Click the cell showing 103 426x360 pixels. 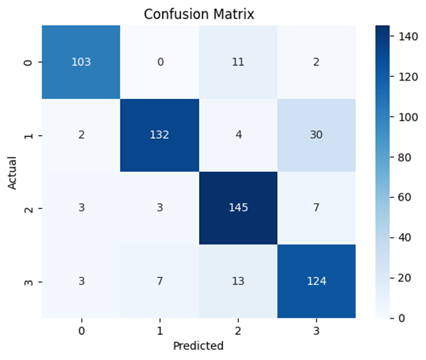pos(81,62)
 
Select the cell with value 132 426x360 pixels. pos(159,135)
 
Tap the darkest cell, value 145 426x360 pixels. pos(238,208)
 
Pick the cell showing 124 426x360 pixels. pos(317,281)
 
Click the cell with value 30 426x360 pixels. pos(317,135)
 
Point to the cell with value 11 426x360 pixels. pos(238,62)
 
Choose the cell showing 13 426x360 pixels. pos(238,281)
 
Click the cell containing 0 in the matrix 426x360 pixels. pos(159,62)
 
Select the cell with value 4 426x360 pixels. pos(238,135)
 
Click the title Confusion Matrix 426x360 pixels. pos(199,14)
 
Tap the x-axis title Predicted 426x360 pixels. pos(198,346)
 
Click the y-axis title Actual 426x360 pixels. pos(12,173)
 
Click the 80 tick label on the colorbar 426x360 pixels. pos(405,157)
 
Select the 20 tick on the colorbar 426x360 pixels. pos(405,278)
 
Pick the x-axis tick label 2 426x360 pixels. pos(238,331)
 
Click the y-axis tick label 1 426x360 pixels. pos(28,135)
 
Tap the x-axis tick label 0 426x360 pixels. pos(81,331)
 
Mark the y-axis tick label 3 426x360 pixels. pos(28,282)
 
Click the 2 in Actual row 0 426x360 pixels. pos(317,62)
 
